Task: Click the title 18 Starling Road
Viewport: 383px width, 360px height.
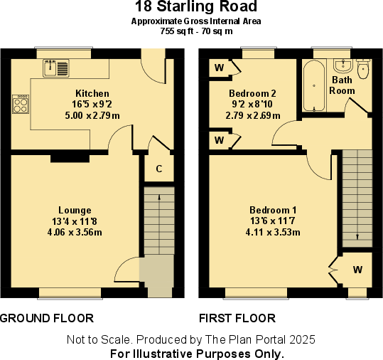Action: coord(196,8)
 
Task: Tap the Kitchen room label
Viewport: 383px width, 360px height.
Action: coord(92,93)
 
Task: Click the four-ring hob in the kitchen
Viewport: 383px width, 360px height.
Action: coord(21,104)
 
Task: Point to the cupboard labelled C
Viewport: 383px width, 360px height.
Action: coord(159,169)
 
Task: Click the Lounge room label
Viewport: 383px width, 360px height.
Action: coord(75,210)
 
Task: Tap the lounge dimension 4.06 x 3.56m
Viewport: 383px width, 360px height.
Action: coord(75,232)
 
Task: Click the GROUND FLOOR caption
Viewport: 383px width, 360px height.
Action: coord(47,317)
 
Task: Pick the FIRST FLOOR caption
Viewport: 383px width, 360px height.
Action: coord(237,317)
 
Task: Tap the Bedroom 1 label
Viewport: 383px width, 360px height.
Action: coord(273,210)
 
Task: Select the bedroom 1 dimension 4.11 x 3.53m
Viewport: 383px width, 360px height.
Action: coord(273,232)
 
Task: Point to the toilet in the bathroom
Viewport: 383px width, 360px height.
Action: coord(363,70)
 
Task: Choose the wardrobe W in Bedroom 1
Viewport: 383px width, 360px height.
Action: coord(357,270)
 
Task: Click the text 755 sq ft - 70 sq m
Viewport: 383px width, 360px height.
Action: coord(196,31)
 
